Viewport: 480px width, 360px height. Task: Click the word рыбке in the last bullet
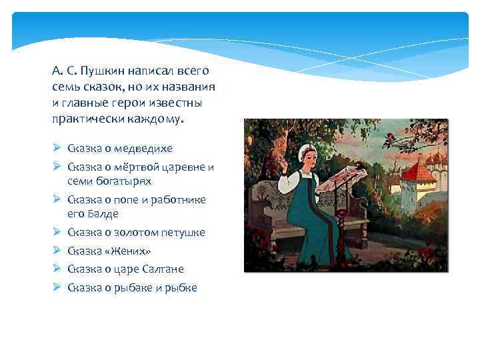pyautogui.click(x=183, y=287)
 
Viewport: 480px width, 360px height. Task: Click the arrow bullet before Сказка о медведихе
pyautogui.click(x=57, y=148)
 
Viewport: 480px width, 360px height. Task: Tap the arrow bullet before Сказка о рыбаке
pyautogui.click(x=57, y=287)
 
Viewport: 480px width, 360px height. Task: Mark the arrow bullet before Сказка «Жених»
pyautogui.click(x=57, y=251)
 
